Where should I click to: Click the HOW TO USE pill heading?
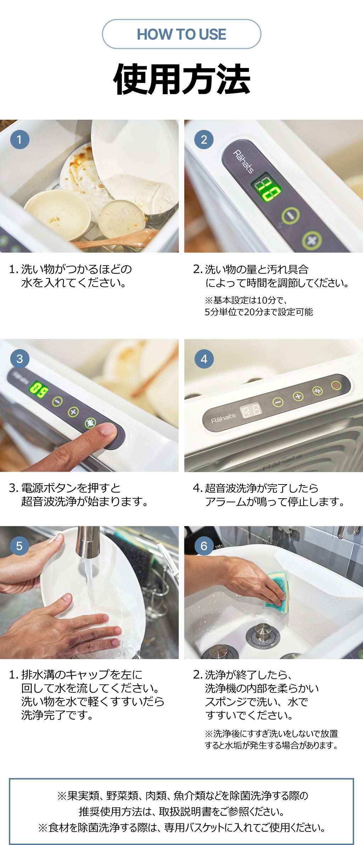(x=181, y=34)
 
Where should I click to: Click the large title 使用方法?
(x=181, y=79)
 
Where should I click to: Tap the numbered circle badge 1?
(x=19, y=140)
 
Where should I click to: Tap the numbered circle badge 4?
(x=204, y=359)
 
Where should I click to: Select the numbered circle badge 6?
(x=204, y=546)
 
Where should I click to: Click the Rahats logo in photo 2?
(x=244, y=161)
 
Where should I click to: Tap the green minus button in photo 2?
(x=291, y=215)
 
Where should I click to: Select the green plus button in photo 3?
(x=73, y=412)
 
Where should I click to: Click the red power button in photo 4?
(x=336, y=385)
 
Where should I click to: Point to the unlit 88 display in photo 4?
(x=251, y=410)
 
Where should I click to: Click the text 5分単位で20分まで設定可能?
(x=258, y=312)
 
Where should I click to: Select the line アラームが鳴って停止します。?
(x=275, y=501)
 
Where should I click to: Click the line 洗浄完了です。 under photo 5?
(x=57, y=715)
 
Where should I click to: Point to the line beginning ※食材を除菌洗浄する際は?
(x=181, y=827)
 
